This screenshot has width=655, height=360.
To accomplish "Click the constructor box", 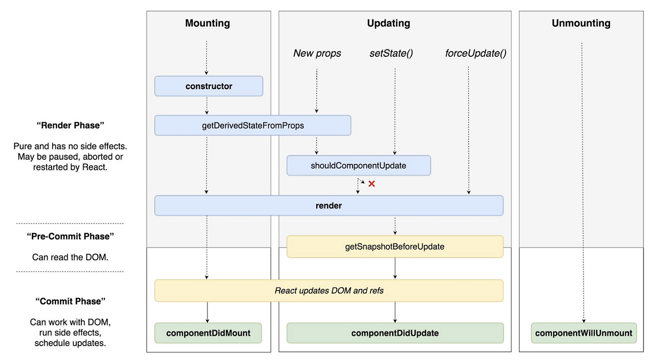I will (x=209, y=86).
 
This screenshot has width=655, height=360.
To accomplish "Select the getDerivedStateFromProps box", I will (x=253, y=125).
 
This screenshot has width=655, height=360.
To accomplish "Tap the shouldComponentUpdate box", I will (x=358, y=165).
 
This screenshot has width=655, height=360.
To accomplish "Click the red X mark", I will (x=372, y=184).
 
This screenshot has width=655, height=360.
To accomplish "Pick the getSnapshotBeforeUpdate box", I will (x=395, y=246).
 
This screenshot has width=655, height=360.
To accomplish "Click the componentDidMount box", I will (x=208, y=333).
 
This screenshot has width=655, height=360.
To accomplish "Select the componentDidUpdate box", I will (x=395, y=333).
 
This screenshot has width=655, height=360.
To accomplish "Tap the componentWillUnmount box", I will (x=583, y=333).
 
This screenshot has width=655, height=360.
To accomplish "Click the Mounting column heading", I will (x=207, y=23).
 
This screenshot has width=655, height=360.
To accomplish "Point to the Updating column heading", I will (x=388, y=23).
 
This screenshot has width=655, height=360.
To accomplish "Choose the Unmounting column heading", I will (x=581, y=23).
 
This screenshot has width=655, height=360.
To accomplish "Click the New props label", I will (x=317, y=53).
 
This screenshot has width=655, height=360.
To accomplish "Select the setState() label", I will (x=391, y=53).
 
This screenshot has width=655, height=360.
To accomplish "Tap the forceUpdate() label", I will (x=475, y=53).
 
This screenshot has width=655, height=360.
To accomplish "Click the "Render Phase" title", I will (x=70, y=125).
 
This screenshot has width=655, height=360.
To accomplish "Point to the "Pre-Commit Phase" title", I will (x=70, y=236).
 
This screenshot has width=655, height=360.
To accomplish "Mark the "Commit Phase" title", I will (x=70, y=301).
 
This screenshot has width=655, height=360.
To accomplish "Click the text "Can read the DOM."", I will (x=70, y=257).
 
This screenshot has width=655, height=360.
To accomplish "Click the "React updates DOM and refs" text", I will (x=329, y=290).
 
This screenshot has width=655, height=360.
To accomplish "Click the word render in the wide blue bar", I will (x=329, y=206).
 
